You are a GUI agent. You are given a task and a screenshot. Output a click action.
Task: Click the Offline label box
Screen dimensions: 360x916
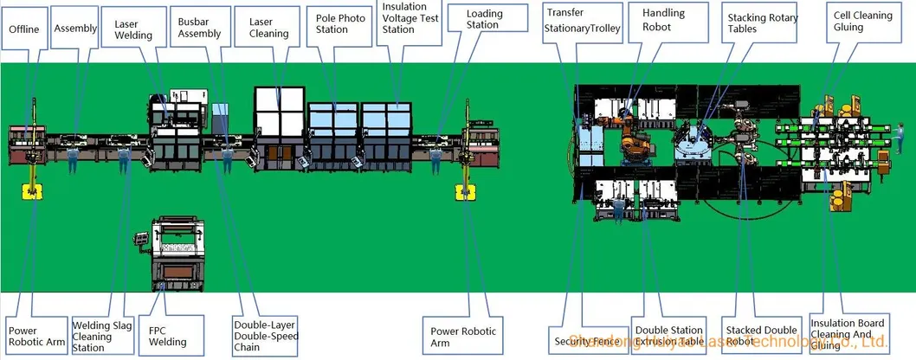click(x=24, y=30)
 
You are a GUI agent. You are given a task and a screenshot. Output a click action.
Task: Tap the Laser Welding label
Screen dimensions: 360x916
click(x=133, y=31)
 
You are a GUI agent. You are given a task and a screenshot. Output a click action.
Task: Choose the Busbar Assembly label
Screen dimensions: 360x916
click(x=199, y=28)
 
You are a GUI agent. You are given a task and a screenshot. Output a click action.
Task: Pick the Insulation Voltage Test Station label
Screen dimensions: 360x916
click(x=410, y=18)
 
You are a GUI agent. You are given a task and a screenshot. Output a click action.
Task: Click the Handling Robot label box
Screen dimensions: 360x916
click(x=663, y=20)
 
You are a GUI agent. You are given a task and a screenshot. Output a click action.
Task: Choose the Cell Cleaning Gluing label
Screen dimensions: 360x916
click(x=860, y=22)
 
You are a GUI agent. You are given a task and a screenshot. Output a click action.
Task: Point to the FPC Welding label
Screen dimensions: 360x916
click(x=167, y=336)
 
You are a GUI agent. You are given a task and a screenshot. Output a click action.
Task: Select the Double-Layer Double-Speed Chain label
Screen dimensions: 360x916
click(x=260, y=336)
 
